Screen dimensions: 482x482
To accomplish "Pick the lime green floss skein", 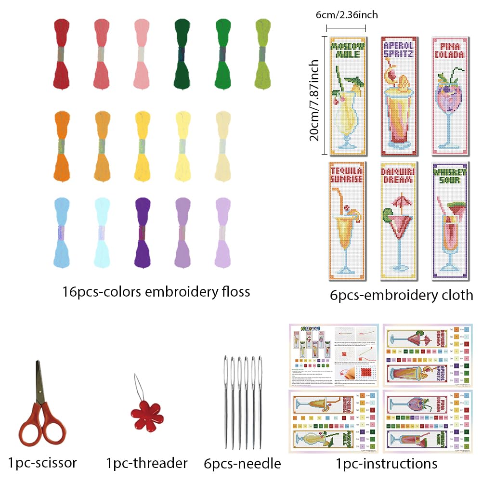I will [263, 53].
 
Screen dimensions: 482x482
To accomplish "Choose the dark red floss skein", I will [61, 53].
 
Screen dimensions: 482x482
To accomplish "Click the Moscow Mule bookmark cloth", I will [346, 96].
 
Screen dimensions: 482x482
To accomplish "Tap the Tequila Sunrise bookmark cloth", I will [346, 221].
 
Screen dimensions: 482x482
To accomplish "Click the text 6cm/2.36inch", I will [347, 15].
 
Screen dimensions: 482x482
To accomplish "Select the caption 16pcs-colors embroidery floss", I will [156, 292].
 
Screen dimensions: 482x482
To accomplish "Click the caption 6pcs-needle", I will [242, 464].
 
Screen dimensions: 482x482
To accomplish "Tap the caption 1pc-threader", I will [146, 464].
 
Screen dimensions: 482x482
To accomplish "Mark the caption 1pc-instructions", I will [387, 464].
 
